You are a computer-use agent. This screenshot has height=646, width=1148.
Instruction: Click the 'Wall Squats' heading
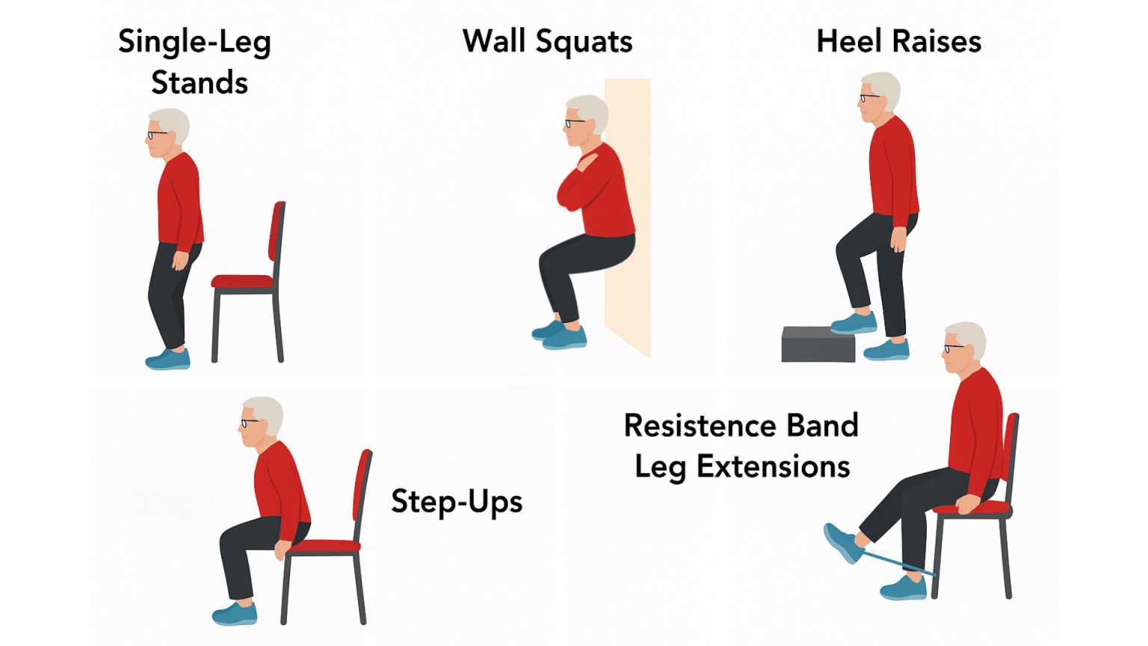[547, 42]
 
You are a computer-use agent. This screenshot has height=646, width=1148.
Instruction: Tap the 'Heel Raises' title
[898, 42]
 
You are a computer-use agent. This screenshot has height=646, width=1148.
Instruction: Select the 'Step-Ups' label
[457, 502]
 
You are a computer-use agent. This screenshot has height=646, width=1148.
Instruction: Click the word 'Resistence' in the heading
[697, 425]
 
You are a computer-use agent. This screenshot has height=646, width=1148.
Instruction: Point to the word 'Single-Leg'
[194, 43]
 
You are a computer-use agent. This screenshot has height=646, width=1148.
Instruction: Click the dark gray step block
[818, 345]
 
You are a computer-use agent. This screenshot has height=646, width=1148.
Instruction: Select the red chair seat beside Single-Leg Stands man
[242, 282]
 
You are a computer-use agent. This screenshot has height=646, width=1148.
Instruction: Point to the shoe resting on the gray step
[854, 323]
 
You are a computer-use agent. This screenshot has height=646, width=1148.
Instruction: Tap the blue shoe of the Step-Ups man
[235, 614]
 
